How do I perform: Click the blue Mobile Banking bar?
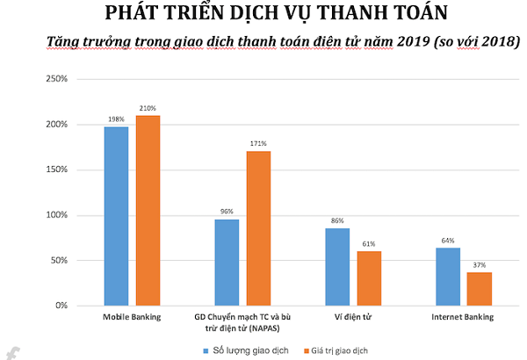pyautogui.click(x=116, y=216)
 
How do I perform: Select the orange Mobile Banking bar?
pyautogui.click(x=148, y=211)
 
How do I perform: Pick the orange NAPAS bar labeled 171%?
pyautogui.click(x=258, y=228)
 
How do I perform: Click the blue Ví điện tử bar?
pyautogui.click(x=337, y=267)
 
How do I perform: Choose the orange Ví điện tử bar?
pyautogui.click(x=369, y=278)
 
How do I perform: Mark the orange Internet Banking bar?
pyautogui.click(x=479, y=289)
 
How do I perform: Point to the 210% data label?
pyautogui.click(x=148, y=109)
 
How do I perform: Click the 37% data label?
pyautogui.click(x=479, y=265)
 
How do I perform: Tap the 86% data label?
pyautogui.click(x=337, y=221)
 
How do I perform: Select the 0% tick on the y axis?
pyautogui.click(x=61, y=306)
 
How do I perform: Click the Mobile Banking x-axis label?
pyautogui.click(x=132, y=316)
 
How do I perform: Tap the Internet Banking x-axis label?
pyautogui.click(x=463, y=316)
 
